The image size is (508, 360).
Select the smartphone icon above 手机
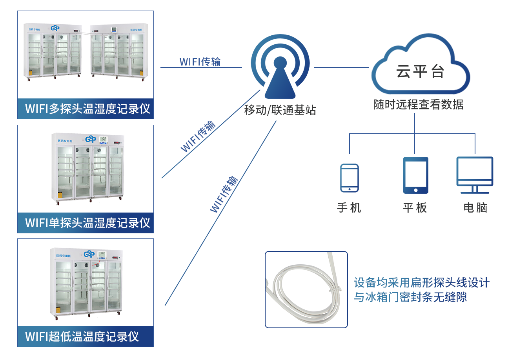pyautogui.click(x=349, y=178)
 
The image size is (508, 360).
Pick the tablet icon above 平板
pyautogui.click(x=415, y=175)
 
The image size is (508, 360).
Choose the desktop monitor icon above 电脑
pyautogui.click(x=475, y=175)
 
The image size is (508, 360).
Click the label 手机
pyautogui.click(x=349, y=207)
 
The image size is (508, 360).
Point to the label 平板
pyautogui.click(x=415, y=207)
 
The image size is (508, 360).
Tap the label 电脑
pyautogui.click(x=475, y=207)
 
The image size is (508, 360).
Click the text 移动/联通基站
pyautogui.click(x=280, y=110)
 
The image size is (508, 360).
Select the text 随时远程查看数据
pyautogui.click(x=418, y=105)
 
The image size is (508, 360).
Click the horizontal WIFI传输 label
pyautogui.click(x=200, y=62)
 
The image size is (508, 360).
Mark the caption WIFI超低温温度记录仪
pyautogui.click(x=82, y=336)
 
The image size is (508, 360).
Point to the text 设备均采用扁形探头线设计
pyautogui.click(x=422, y=283)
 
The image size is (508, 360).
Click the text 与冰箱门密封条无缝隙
pyautogui.click(x=410, y=297)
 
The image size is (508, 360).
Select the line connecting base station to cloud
pyautogui.click(x=341, y=67)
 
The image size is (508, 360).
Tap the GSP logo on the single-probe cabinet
pyautogui.click(x=91, y=139)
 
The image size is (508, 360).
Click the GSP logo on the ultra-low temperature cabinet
pyautogui.click(x=89, y=253)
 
